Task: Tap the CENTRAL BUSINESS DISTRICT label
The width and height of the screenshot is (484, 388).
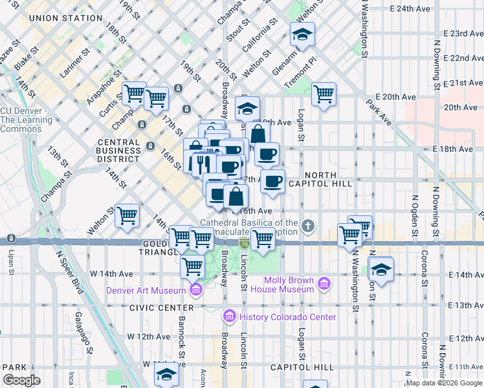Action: pyautogui.click(x=118, y=150)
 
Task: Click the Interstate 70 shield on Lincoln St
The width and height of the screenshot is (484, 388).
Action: pyautogui.click(x=244, y=243)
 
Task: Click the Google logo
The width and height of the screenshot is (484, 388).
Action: pyautogui.click(x=21, y=380)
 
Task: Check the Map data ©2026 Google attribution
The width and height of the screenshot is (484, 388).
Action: pyautogui.click(x=443, y=383)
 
